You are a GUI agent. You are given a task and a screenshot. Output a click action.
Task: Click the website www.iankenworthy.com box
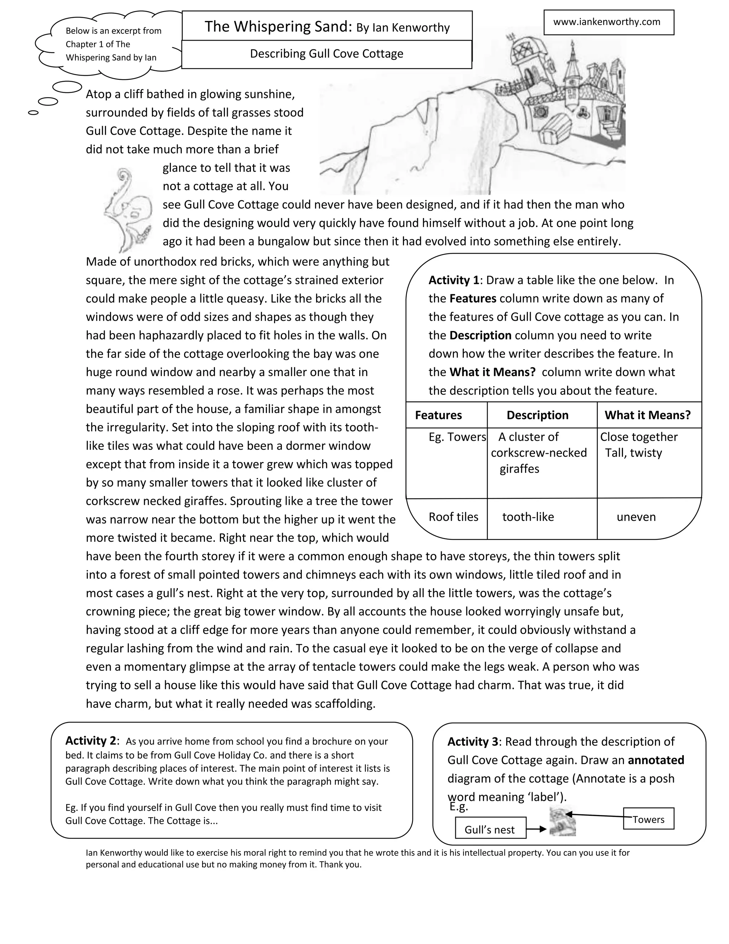pyautogui.click(x=608, y=22)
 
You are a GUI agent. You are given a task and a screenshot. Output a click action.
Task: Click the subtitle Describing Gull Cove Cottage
pyautogui.click(x=326, y=54)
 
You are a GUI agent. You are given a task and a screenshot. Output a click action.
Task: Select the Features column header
pyautogui.click(x=438, y=415)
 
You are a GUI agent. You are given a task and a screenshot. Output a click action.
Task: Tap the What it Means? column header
pyautogui.click(x=647, y=415)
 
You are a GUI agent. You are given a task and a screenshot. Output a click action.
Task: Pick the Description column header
pyautogui.click(x=537, y=415)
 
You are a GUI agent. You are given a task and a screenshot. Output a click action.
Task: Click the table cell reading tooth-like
pyautogui.click(x=528, y=517)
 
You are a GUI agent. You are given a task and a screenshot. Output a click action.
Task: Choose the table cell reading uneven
pyautogui.click(x=636, y=517)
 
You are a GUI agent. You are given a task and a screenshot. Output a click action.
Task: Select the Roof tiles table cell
pyautogui.click(x=453, y=517)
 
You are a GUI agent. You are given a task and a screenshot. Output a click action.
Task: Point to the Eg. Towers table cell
pyautogui.click(x=457, y=437)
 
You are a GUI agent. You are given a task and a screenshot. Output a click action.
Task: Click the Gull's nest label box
pyautogui.click(x=490, y=829)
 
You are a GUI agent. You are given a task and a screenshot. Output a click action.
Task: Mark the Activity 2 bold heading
pyautogui.click(x=91, y=741)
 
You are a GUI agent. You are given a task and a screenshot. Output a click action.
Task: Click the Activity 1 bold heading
pyautogui.click(x=453, y=280)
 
